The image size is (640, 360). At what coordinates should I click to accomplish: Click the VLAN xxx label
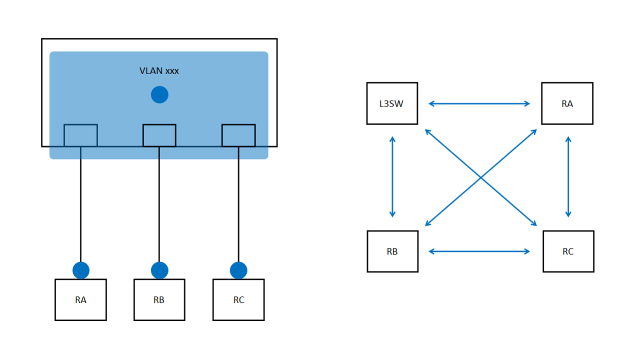click(159, 71)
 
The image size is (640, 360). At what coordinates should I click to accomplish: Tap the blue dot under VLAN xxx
click(159, 94)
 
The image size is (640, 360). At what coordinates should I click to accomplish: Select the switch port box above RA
click(80, 135)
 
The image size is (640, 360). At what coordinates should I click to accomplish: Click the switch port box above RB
click(159, 135)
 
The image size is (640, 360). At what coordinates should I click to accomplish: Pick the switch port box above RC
click(238, 135)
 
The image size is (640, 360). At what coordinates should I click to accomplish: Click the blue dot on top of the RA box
click(81, 270)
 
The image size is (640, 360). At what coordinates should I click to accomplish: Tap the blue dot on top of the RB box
click(159, 270)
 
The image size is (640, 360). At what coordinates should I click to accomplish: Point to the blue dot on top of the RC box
click(238, 270)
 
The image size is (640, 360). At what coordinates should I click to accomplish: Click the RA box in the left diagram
click(80, 299)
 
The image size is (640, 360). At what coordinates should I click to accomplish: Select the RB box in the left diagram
click(159, 299)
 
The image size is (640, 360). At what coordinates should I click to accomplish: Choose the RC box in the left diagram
click(238, 299)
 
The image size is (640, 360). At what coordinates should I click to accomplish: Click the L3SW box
click(392, 103)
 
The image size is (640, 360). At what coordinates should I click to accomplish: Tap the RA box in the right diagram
click(567, 103)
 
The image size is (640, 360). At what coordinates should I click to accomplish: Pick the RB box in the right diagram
click(392, 251)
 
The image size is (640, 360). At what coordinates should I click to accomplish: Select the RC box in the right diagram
click(568, 251)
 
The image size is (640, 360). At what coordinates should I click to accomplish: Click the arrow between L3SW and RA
click(479, 103)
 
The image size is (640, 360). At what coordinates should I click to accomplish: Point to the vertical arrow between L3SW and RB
click(392, 177)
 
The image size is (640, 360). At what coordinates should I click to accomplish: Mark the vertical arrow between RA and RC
click(568, 177)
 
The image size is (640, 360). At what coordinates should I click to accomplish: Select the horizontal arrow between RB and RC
click(479, 251)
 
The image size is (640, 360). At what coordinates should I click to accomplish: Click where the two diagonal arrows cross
click(481, 177)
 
